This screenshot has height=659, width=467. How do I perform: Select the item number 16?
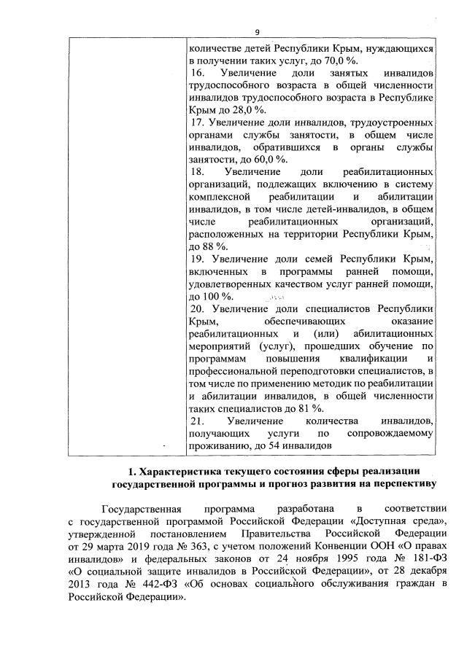click(x=197, y=74)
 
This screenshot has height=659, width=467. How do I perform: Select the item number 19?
click(x=197, y=260)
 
